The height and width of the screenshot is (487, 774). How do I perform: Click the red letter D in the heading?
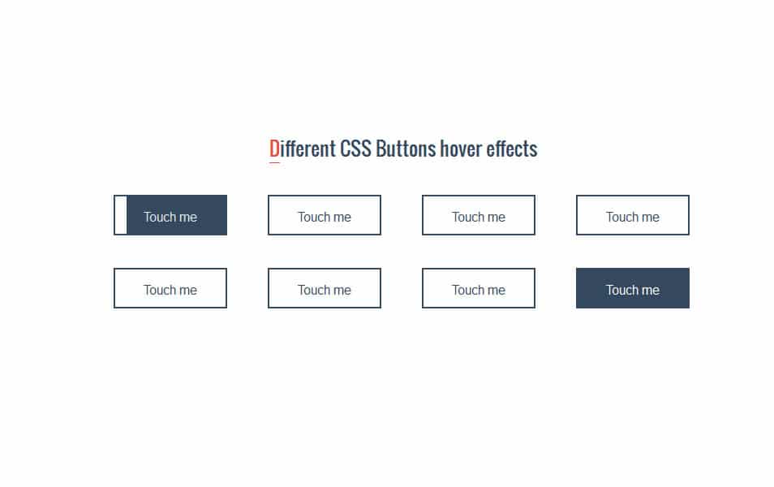coord(274,149)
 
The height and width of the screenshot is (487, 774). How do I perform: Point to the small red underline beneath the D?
coord(274,162)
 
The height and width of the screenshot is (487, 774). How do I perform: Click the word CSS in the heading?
coord(355,149)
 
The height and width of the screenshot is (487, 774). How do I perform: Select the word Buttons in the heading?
coord(406,149)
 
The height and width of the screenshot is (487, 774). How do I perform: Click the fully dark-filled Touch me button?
coord(632,288)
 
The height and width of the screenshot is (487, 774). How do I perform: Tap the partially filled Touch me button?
coord(170,215)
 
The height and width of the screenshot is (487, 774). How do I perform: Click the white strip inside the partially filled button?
coord(121,215)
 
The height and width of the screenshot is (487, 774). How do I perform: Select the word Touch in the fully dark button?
coord(620,290)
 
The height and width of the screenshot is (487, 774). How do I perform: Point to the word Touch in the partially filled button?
coord(157,217)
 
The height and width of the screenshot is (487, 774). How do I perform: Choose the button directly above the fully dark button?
coord(632,215)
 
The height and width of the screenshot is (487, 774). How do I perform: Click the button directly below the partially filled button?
coord(170,288)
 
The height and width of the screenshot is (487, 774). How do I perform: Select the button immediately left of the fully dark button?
coord(479,288)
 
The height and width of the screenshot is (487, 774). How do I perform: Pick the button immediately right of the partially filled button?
coord(325,215)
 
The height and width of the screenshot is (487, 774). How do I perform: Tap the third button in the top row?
coord(479,215)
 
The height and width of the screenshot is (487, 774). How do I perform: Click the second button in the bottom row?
coord(325,288)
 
